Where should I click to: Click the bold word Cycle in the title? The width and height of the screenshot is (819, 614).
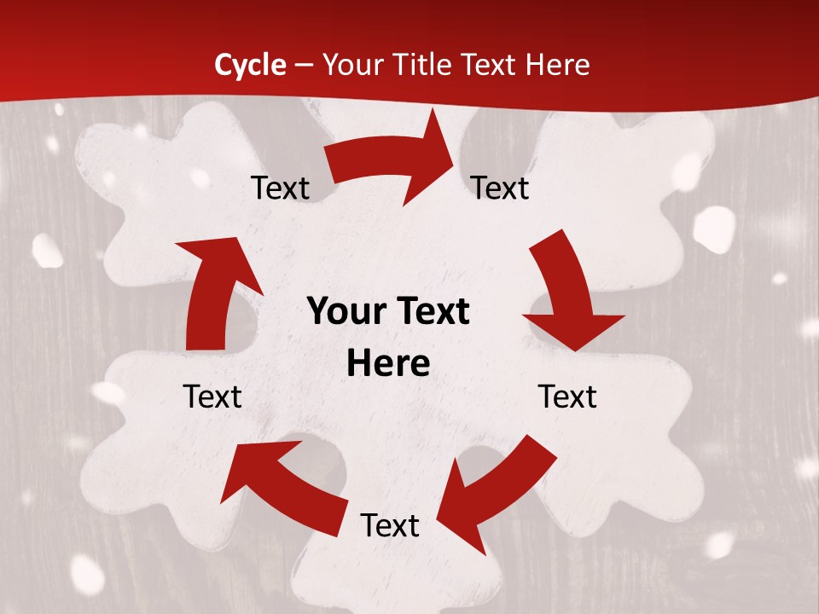point(250,65)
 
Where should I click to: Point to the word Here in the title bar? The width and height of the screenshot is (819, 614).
point(557,65)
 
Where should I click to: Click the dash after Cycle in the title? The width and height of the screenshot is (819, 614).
point(303,65)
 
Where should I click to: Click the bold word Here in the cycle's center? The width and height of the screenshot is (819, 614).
point(388,364)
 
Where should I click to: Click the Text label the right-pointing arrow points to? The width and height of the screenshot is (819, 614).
point(500,188)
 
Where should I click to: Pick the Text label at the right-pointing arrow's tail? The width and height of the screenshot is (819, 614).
point(280,188)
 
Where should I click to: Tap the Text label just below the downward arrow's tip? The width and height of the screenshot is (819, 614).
point(567,397)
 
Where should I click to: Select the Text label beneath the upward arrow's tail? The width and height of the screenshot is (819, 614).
point(212,397)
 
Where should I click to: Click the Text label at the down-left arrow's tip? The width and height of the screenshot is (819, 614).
point(389,525)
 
